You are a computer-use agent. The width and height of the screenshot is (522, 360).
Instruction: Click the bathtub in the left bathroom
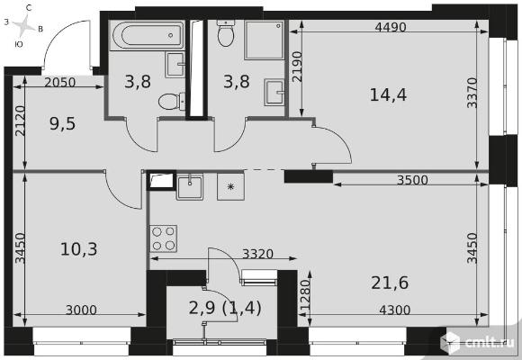pos(148,35)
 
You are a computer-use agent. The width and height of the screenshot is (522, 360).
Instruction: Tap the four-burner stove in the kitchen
pos(163,238)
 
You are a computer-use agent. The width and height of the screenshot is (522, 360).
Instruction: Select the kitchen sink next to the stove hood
pos(190,187)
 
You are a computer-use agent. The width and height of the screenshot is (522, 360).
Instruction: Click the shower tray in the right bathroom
pos(265,40)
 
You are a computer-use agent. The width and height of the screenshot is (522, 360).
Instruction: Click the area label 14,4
pos(388,94)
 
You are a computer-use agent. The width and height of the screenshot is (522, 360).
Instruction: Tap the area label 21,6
pos(390,283)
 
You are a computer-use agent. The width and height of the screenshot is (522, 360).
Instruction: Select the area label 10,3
pos(79,249)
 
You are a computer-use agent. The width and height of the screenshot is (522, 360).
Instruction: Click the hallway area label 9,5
pos(62,123)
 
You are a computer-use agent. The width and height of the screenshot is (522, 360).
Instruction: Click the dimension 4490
pos(391,27)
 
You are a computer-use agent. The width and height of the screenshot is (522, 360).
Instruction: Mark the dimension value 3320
pos(257,254)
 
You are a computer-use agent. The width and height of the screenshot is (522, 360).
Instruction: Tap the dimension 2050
pos(60,82)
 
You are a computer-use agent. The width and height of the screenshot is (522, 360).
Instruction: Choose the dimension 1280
pos(305,294)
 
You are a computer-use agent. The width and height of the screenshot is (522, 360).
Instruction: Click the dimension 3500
pos(412,180)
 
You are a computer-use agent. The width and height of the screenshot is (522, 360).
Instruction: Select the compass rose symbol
pos(24,26)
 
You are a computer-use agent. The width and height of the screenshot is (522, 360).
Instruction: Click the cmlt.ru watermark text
pos(489,343)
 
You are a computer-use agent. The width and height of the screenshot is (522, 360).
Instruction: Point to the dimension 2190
pos(297,67)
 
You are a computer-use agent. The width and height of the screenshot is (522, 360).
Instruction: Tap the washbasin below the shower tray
pos(274,92)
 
